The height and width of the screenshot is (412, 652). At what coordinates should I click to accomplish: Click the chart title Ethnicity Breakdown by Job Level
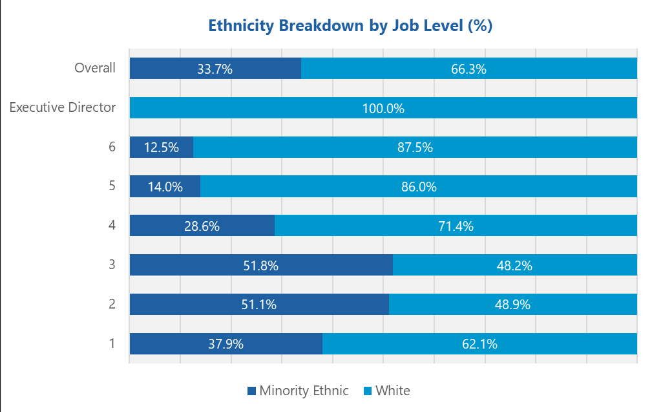[350, 26]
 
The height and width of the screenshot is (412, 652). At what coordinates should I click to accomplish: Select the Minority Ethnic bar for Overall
[215, 69]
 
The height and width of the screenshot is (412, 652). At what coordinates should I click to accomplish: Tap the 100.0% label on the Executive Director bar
[383, 109]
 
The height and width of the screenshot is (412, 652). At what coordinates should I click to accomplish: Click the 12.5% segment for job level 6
[162, 147]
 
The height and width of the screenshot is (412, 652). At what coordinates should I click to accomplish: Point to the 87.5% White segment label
[415, 147]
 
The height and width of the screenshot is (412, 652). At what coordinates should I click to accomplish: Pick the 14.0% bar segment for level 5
[165, 187]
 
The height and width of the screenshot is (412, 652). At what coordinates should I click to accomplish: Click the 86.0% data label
[419, 187]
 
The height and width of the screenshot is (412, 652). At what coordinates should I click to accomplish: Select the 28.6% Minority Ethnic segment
[202, 226]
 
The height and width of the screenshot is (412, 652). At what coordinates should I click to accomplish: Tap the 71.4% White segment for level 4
[456, 226]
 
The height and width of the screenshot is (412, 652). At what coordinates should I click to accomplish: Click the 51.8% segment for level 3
[261, 266]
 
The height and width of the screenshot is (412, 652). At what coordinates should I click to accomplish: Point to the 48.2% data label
[514, 266]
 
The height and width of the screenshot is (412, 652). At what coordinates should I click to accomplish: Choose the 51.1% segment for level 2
[259, 305]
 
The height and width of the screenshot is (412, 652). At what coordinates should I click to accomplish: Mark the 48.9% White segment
[512, 305]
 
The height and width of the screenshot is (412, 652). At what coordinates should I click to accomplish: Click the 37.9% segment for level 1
[226, 344]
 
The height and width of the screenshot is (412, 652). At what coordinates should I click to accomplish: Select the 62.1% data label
[479, 344]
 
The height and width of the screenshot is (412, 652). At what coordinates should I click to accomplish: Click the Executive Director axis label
[63, 107]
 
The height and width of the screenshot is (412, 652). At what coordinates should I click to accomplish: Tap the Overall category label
[95, 68]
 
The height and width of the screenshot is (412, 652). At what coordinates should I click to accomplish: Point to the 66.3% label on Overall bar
[469, 69]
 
